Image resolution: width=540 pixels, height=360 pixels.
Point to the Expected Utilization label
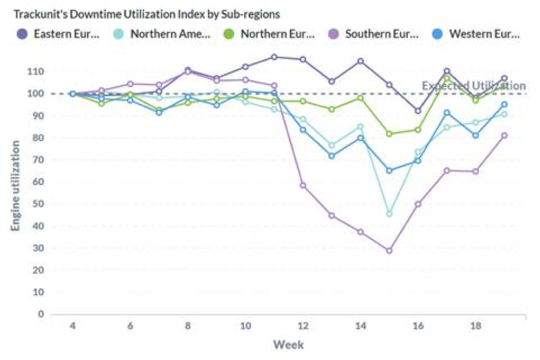coord(474,86)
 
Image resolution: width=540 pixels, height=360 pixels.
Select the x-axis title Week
coord(288,345)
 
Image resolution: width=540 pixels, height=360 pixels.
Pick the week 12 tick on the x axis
coord(303,326)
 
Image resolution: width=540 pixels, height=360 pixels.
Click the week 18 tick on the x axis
coord(476,326)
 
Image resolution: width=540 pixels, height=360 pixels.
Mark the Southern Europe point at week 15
coord(389,251)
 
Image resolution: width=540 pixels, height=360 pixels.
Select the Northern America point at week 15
coord(389,214)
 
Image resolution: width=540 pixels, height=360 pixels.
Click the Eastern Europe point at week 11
coord(274,57)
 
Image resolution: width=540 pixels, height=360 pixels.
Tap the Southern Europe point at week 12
coord(303,185)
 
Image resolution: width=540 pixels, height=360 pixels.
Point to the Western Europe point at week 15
coord(389,170)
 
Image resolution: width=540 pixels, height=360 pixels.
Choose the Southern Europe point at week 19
coord(504,135)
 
